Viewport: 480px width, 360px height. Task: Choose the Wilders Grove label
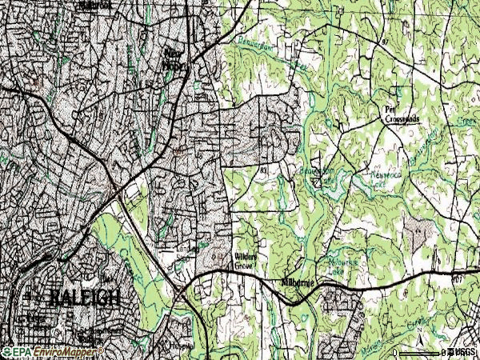tap(245, 261)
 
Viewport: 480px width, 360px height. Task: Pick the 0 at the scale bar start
tap(396, 352)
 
